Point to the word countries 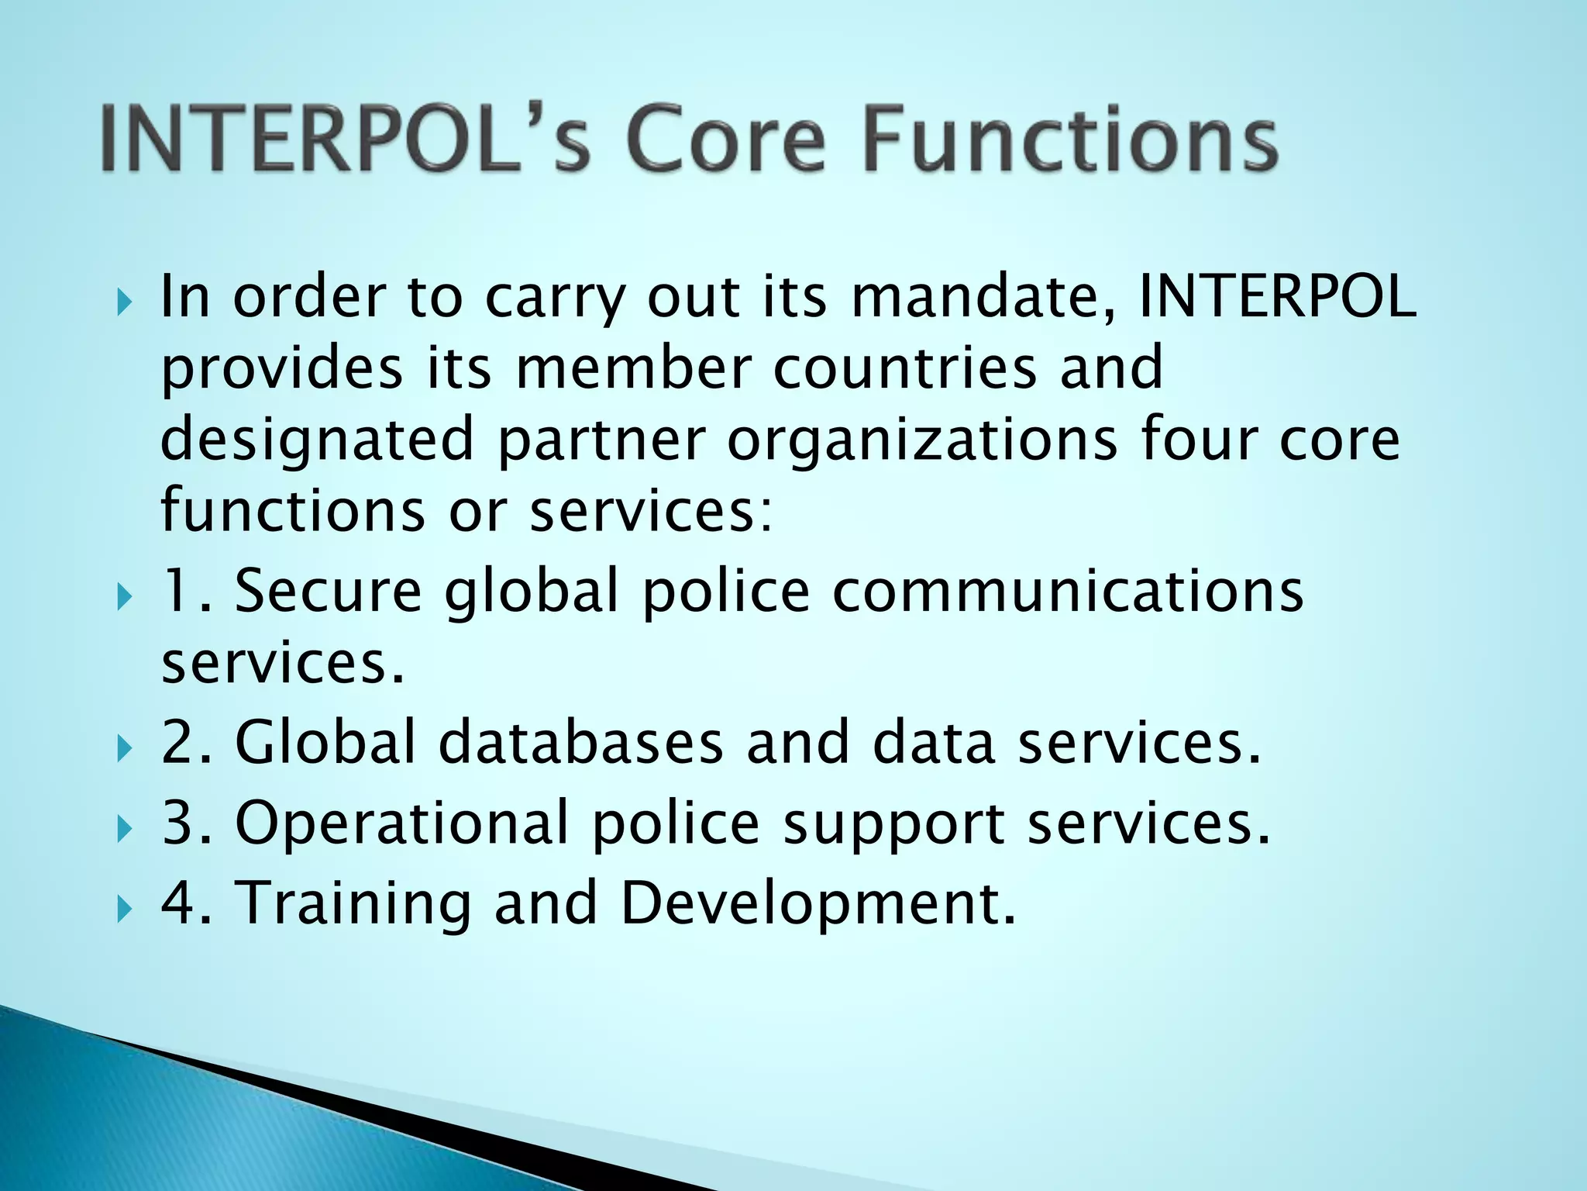904,368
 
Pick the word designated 317,440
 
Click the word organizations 922,440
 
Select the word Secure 328,591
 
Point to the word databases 580,742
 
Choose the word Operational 402,823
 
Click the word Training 353,904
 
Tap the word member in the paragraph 632,368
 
